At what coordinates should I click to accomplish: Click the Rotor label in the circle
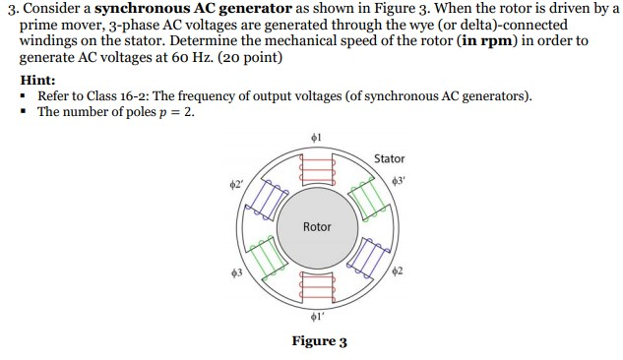click(317, 226)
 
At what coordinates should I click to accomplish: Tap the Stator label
click(389, 158)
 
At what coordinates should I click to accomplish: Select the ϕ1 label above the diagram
click(317, 136)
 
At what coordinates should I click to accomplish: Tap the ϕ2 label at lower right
click(398, 270)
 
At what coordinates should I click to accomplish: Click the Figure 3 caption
click(319, 341)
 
